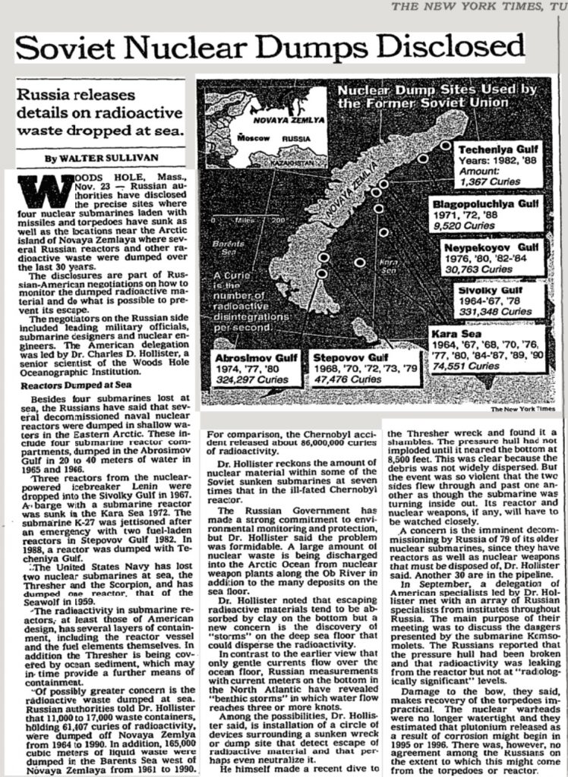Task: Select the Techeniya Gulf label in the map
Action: pyautogui.click(x=495, y=151)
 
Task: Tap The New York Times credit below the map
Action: pyautogui.click(x=523, y=409)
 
